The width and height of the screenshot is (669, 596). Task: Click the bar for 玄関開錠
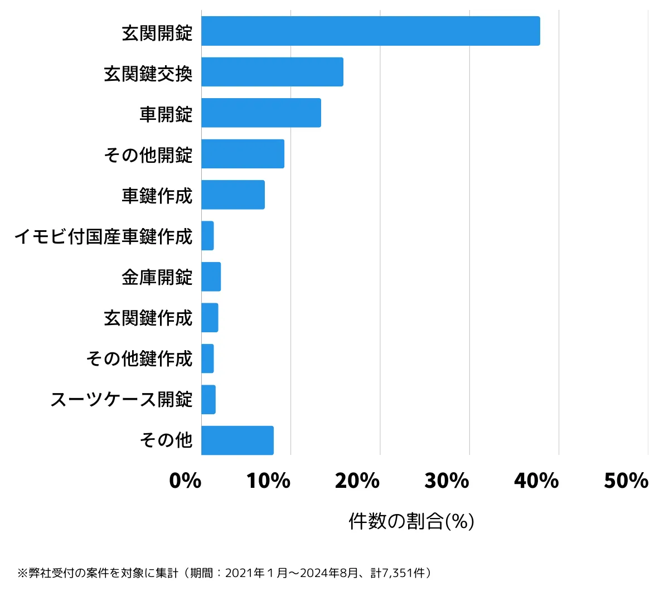[370, 31]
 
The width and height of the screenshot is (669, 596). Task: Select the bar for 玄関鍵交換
[272, 72]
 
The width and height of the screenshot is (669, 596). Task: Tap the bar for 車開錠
[261, 113]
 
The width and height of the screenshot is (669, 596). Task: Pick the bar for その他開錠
[243, 153]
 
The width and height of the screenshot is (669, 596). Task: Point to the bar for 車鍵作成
[233, 195]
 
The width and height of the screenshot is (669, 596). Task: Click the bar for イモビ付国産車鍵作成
[207, 235]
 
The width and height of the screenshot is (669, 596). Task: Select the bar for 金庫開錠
[211, 277]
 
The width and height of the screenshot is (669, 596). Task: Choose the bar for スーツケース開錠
[209, 399]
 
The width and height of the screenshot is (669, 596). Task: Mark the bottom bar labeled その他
[237, 440]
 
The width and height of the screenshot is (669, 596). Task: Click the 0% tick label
[185, 481]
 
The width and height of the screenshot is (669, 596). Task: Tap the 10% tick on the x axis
[269, 481]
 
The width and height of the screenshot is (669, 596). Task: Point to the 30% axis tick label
[447, 481]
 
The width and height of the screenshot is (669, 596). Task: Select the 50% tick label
[626, 481]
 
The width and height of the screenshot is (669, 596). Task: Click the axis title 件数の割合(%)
[411, 521]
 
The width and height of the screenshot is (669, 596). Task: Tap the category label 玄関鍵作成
[148, 318]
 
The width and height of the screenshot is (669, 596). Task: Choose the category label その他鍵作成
[139, 358]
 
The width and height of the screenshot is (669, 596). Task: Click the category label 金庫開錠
[157, 277]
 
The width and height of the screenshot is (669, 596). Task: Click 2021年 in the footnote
[244, 573]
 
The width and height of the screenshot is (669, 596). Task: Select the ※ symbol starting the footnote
[22, 573]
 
